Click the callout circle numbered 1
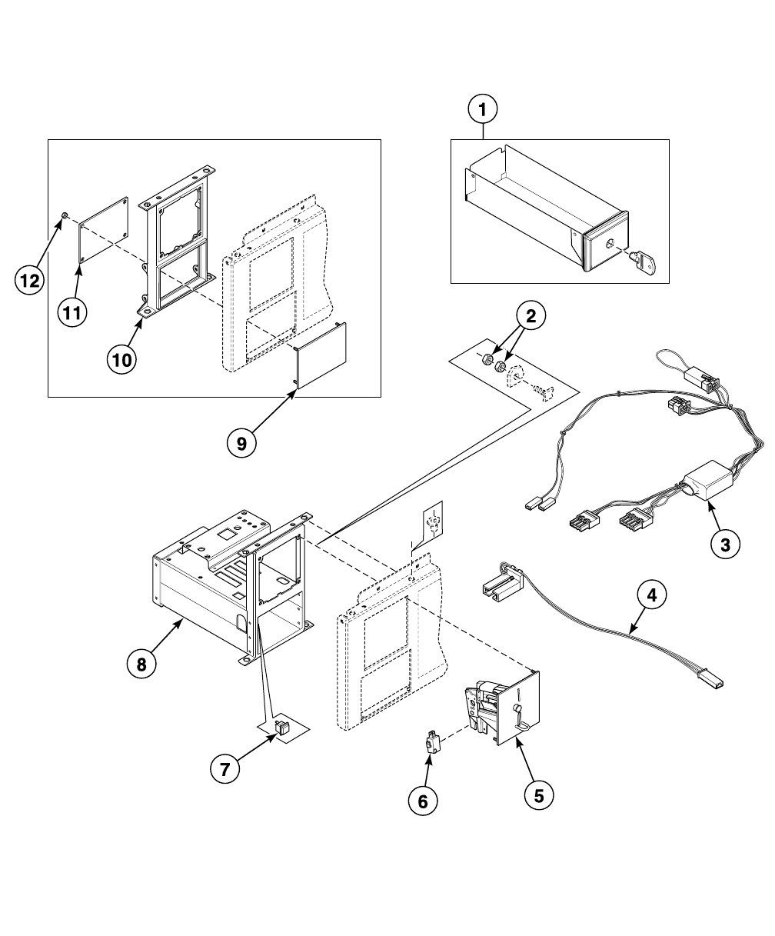483,109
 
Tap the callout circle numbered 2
531,316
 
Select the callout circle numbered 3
725,545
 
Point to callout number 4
652,595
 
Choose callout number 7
225,769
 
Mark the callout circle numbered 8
141,665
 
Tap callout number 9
241,444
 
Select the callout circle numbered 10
122,359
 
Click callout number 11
72,312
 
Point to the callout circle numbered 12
29,281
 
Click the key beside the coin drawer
646,264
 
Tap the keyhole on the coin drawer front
610,245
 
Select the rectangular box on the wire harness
707,480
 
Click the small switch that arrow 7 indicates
282,726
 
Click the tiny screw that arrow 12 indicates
65,215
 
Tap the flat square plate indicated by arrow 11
104,230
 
